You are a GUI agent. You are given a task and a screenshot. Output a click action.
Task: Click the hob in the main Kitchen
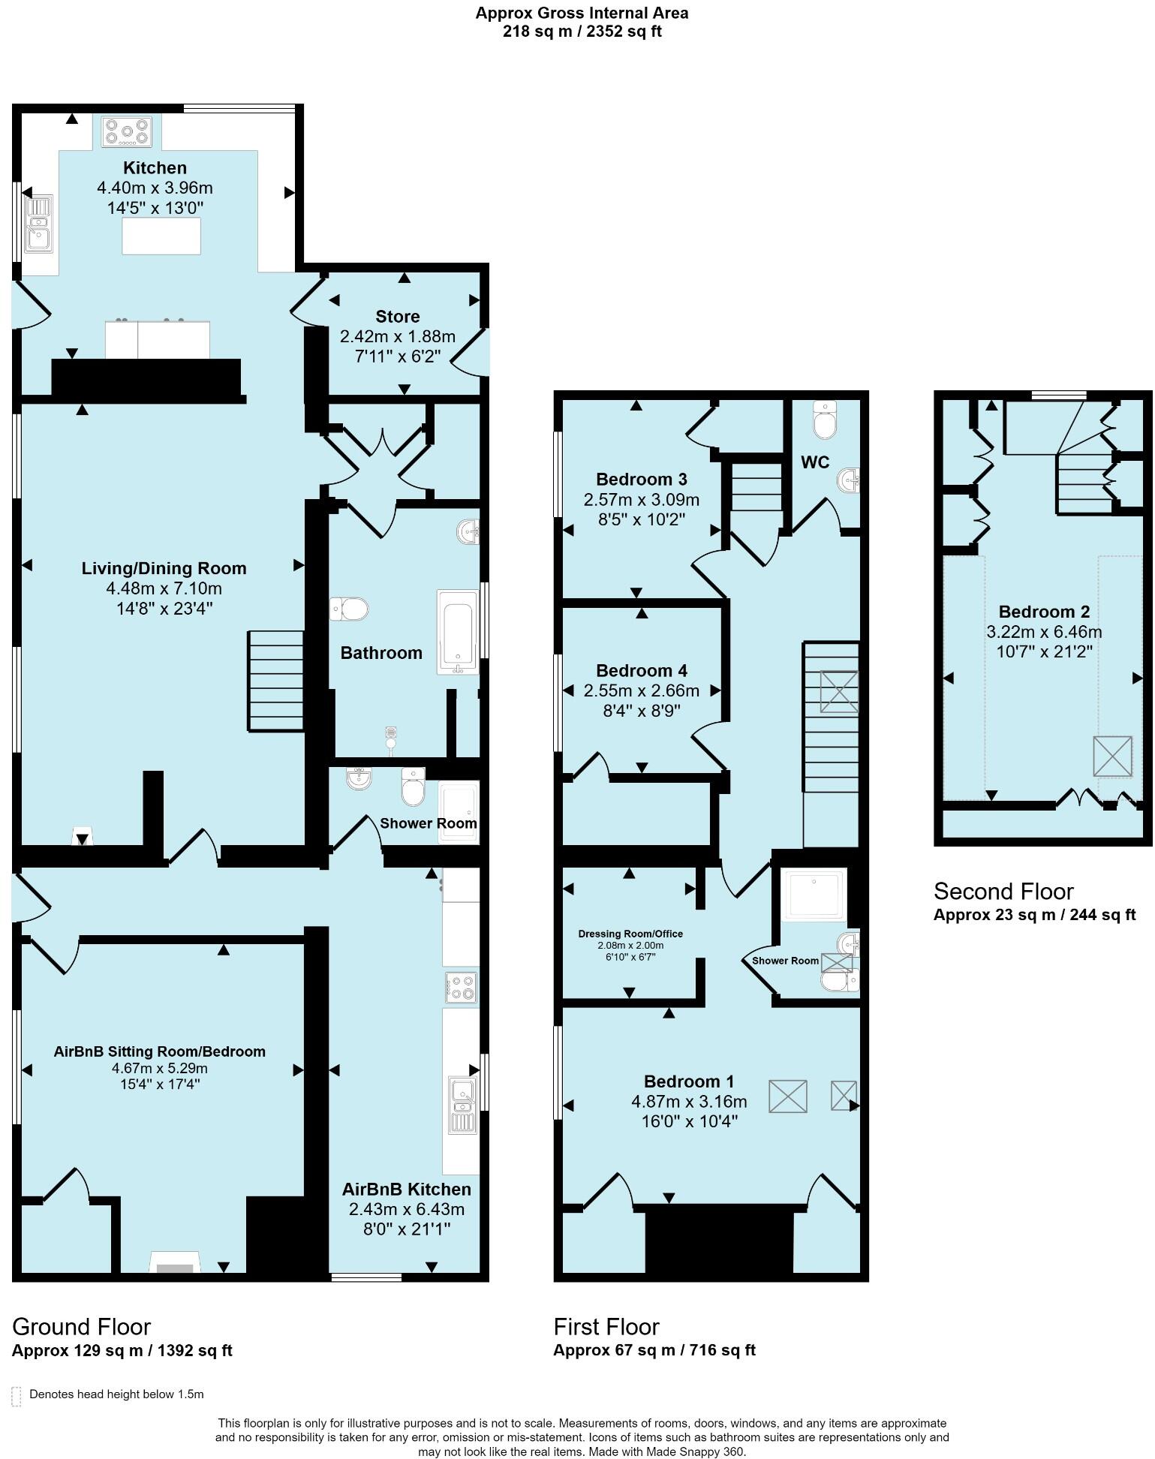tap(128, 131)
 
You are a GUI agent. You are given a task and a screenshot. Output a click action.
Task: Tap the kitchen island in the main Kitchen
tap(161, 236)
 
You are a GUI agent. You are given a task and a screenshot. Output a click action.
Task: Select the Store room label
tap(397, 316)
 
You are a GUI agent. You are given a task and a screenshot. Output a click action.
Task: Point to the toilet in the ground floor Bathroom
tap(349, 608)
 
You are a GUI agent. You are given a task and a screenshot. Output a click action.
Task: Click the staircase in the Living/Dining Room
tap(275, 680)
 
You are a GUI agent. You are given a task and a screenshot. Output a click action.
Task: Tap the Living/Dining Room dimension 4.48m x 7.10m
tap(164, 588)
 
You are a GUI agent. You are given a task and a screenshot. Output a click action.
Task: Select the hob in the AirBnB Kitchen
tap(460, 986)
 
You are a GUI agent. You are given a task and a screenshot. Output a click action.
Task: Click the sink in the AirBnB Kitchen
tap(462, 1104)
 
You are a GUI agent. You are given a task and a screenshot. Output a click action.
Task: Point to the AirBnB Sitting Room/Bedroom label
tap(159, 1051)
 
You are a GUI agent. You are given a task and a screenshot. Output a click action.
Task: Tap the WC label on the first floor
tap(814, 462)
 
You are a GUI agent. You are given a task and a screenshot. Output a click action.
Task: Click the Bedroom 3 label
tap(641, 479)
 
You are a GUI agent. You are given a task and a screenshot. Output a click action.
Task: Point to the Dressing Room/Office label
tap(630, 934)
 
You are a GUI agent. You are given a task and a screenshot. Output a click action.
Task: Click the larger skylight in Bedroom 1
tap(787, 1097)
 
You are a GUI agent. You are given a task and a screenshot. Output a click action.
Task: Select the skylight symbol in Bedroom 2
tap(1112, 756)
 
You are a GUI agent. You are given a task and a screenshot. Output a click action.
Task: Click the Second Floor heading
tap(1003, 892)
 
